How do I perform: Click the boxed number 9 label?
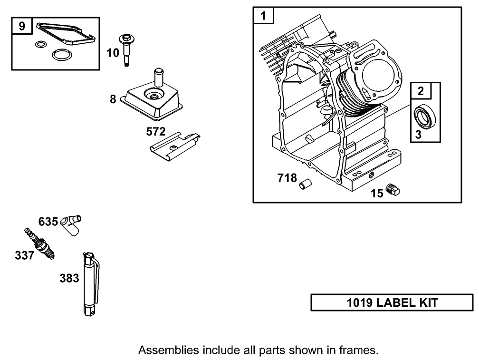point(22,26)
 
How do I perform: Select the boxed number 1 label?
point(263,16)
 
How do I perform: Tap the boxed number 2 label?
point(421,91)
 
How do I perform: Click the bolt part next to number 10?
point(126,49)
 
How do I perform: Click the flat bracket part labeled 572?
point(173,145)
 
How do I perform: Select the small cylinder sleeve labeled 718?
point(304,184)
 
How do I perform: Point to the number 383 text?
point(69,279)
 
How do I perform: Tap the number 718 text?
point(287,179)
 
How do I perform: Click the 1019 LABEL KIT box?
point(392,302)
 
